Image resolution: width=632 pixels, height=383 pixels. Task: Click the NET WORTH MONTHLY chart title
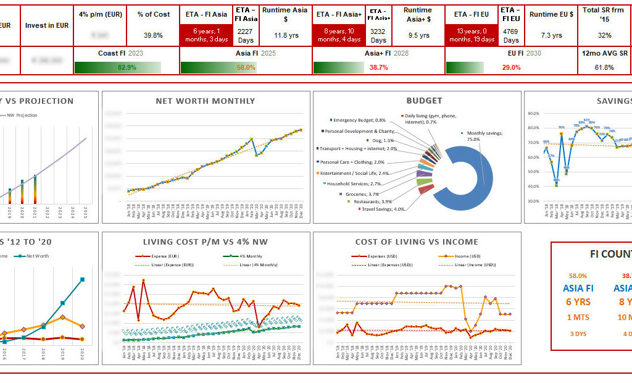pyautogui.click(x=206, y=101)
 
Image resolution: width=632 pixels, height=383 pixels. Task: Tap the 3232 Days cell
pyautogui.click(x=378, y=35)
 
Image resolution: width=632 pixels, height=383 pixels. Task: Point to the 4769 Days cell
pyautogui.click(x=511, y=35)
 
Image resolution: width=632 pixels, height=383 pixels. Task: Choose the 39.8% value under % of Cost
pyautogui.click(x=153, y=35)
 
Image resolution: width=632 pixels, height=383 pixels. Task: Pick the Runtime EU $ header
pyautogui.click(x=552, y=14)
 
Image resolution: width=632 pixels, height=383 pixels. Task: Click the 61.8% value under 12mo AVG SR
pyautogui.click(x=604, y=67)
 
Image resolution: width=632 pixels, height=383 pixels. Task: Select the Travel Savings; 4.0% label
pyautogui.click(x=383, y=209)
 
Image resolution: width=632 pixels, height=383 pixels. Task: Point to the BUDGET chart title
pyautogui.click(x=424, y=101)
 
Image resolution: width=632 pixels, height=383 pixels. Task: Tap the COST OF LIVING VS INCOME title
pyautogui.click(x=417, y=242)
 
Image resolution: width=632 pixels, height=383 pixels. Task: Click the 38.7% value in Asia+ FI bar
pyautogui.click(x=378, y=67)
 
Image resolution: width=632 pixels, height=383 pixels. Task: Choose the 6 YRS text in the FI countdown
pyautogui.click(x=578, y=302)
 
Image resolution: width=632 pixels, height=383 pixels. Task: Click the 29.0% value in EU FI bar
pyautogui.click(x=511, y=67)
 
